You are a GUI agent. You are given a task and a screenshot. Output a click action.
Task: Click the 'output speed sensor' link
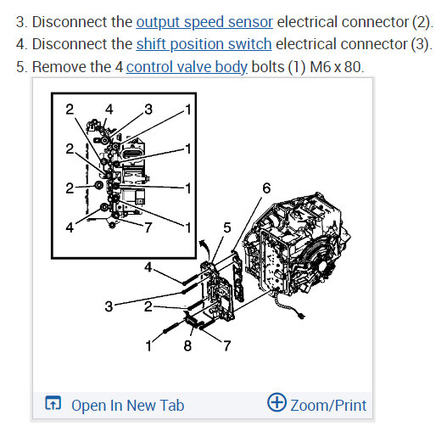[x=204, y=22]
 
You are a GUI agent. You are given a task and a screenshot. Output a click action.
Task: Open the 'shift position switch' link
[x=204, y=44]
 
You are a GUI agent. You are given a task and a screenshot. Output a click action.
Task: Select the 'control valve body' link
[x=187, y=66]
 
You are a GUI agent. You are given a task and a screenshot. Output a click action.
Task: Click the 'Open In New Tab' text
[x=127, y=405]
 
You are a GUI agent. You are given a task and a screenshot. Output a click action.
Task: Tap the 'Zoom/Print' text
[x=328, y=405]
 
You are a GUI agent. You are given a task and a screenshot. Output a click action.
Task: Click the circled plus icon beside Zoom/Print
[x=277, y=403]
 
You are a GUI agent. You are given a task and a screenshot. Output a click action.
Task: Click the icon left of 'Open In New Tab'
[x=53, y=405]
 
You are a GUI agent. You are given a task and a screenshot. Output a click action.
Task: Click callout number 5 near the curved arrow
[x=226, y=227]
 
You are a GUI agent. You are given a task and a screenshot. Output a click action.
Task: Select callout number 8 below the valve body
[x=188, y=345]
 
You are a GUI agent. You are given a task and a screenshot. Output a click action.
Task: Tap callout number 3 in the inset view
[x=148, y=109]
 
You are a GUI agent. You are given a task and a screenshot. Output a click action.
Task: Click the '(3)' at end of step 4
[x=418, y=44]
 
